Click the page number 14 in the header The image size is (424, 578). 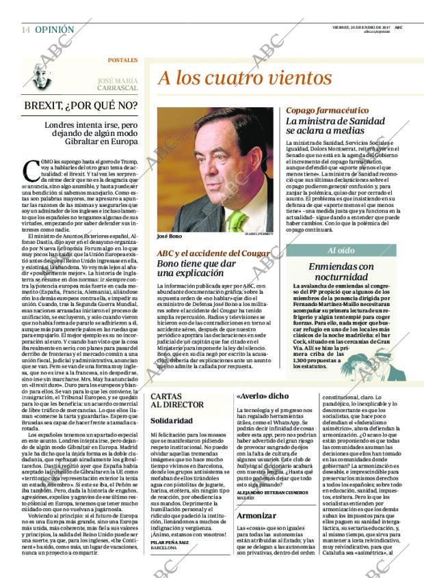(x=25, y=30)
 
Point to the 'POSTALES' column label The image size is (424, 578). (x=122, y=60)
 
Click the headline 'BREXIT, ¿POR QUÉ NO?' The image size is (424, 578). (x=80, y=106)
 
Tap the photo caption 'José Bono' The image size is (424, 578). (x=171, y=236)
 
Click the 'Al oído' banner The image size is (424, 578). (x=341, y=251)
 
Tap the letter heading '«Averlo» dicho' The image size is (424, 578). (x=262, y=396)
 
